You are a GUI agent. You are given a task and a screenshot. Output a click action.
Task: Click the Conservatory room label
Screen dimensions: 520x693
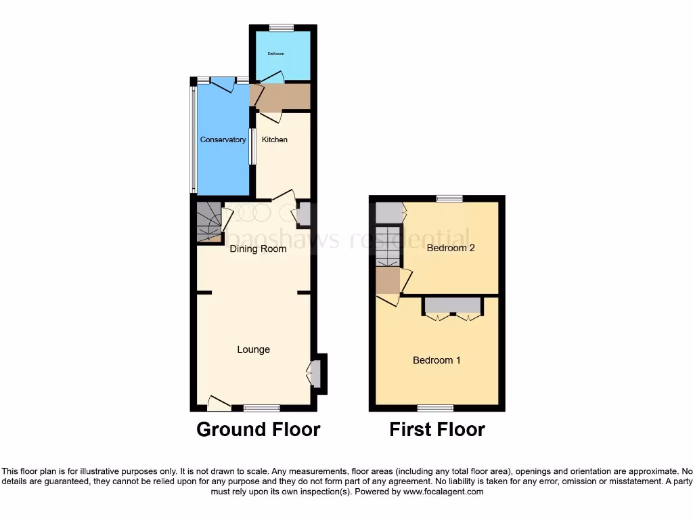(223, 140)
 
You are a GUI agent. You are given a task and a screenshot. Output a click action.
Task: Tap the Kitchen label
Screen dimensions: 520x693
(275, 140)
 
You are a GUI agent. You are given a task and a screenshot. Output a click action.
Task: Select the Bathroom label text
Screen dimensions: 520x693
(275, 53)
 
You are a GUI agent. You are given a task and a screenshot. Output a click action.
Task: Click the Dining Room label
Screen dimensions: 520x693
(258, 249)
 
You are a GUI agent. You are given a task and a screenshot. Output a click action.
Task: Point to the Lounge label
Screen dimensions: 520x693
(253, 350)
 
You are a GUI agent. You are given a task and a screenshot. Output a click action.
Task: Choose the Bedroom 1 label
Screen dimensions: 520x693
(437, 360)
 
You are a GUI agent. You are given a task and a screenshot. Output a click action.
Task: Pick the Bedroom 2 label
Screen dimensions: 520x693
(451, 248)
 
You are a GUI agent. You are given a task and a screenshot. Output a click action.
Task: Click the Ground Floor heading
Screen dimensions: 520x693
(258, 429)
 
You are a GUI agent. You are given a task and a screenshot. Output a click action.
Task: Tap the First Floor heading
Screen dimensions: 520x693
(437, 429)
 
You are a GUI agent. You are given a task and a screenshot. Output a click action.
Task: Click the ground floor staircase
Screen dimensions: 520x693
(209, 221)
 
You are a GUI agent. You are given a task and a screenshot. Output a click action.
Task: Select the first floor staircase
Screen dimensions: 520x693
(388, 246)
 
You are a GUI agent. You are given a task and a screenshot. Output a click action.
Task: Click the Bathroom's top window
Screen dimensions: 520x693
(281, 28)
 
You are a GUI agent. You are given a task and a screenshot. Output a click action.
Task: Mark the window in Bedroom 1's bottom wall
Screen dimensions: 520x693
(435, 408)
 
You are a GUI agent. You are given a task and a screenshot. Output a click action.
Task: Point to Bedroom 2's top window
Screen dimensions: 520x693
(449, 198)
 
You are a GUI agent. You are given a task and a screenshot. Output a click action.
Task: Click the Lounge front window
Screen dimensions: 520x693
(261, 408)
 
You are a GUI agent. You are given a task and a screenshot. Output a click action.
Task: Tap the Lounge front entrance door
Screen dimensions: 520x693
(219, 404)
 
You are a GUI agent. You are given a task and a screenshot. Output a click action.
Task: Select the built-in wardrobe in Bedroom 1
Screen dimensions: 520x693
(453, 305)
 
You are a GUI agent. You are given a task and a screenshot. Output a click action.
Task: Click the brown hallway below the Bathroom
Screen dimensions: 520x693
(282, 97)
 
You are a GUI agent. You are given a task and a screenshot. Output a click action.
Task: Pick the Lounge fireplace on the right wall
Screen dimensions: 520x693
(316, 373)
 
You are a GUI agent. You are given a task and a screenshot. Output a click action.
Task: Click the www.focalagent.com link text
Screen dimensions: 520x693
(443, 492)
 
